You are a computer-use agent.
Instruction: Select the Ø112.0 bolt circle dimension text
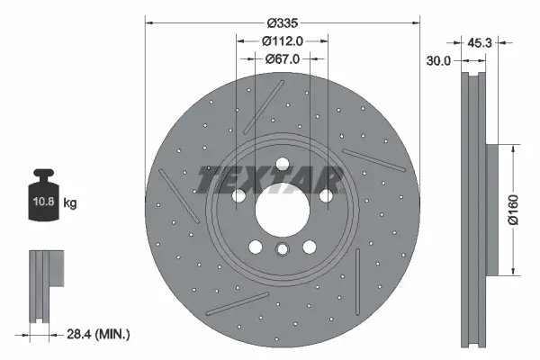[283, 40]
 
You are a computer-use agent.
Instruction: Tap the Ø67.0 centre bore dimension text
[283, 58]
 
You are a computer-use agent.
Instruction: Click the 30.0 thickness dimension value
[438, 60]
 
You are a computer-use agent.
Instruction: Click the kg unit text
[70, 203]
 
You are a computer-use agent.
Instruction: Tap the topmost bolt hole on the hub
[283, 164]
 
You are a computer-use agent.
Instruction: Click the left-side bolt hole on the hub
[238, 196]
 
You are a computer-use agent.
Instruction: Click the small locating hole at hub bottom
[283, 251]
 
